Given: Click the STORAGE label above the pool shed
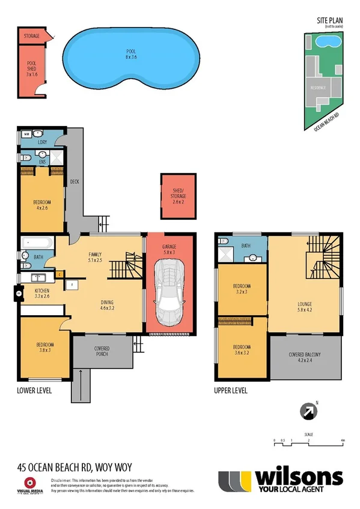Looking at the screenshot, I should coord(32,36).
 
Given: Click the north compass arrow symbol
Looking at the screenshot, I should coord(308,412).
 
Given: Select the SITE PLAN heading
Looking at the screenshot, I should coord(329,20).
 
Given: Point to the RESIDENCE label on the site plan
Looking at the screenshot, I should coord(318,88).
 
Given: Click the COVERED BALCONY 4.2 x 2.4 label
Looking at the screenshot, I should coord(305,358).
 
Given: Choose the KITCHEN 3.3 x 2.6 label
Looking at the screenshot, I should coord(34,294).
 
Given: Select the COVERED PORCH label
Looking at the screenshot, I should coord(102,351).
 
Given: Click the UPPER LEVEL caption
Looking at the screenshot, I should coord(231,390).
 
